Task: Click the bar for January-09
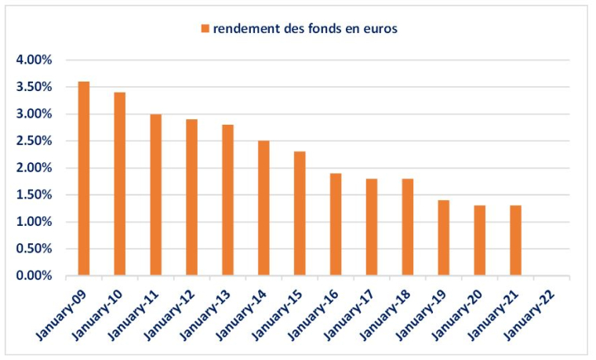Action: (x=84, y=179)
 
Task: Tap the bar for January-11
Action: (x=156, y=195)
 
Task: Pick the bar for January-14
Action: (x=263, y=209)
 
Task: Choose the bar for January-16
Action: (x=336, y=224)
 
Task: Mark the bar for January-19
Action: (x=444, y=238)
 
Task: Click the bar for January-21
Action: (x=515, y=241)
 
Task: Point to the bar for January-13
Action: (x=227, y=200)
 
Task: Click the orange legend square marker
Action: (x=205, y=29)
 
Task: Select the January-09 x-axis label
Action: (x=68, y=314)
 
